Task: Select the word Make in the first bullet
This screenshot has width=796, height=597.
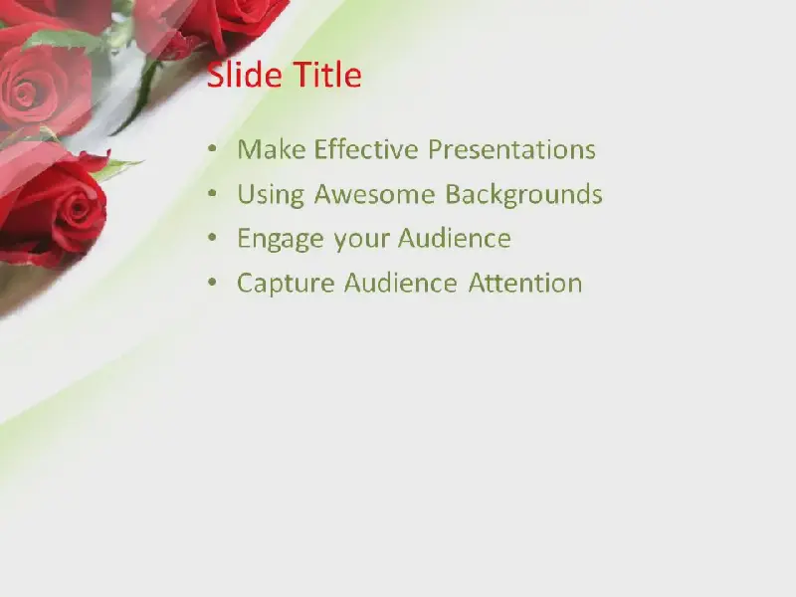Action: point(271,149)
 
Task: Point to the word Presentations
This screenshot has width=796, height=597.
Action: point(511,149)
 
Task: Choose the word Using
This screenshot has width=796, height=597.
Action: point(271,195)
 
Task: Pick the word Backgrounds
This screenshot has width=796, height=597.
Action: point(524,195)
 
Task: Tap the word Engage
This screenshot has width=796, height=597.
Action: point(281,240)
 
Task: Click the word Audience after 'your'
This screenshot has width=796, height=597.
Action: point(455,238)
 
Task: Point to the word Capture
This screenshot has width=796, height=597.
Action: point(286,284)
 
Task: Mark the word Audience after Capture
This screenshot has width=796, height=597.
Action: point(401,283)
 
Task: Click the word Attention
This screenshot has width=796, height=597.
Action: point(525,283)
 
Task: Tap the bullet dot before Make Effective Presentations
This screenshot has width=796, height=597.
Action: point(212,149)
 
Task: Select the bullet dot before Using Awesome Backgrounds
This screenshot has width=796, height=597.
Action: point(212,193)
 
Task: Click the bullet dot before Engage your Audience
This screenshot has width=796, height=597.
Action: point(212,238)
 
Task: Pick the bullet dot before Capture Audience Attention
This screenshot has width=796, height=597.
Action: point(212,283)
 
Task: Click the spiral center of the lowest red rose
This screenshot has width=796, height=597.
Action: point(79,208)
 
